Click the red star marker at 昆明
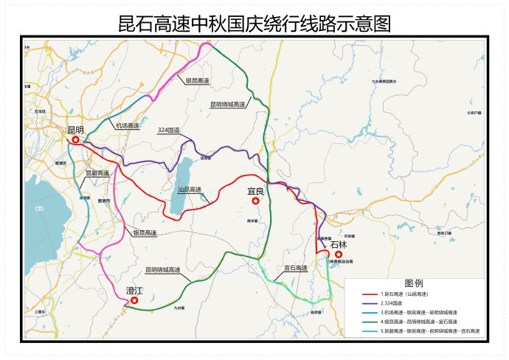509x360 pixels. pos(75,139)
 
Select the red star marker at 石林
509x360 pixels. pos(339,255)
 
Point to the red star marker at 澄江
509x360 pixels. pos(134,300)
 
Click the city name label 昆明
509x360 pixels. pos(75,130)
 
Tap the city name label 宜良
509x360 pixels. pos(256,191)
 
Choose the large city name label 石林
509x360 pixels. pos(339,245)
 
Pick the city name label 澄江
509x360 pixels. pos(134,291)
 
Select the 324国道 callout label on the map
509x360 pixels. pos(169,130)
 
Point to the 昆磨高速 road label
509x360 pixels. pos(97,173)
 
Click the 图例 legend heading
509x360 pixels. pos(414,283)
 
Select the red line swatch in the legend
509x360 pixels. pos(364,294)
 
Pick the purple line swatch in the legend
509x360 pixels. pos(364,303)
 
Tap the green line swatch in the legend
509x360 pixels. pos(364,322)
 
